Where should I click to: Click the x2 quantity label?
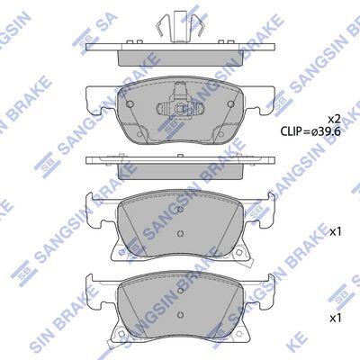click(x=334, y=120)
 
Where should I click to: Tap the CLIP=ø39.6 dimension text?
click(x=310, y=131)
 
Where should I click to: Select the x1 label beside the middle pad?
click(x=336, y=231)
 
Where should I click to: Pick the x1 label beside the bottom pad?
click(x=336, y=319)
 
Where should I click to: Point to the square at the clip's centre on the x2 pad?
click(x=180, y=109)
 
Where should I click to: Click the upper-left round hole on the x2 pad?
click(x=130, y=103)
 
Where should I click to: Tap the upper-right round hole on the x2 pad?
click(x=230, y=103)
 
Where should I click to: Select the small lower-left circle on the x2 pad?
click(x=139, y=135)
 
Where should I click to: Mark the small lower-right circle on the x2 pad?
click(x=221, y=135)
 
